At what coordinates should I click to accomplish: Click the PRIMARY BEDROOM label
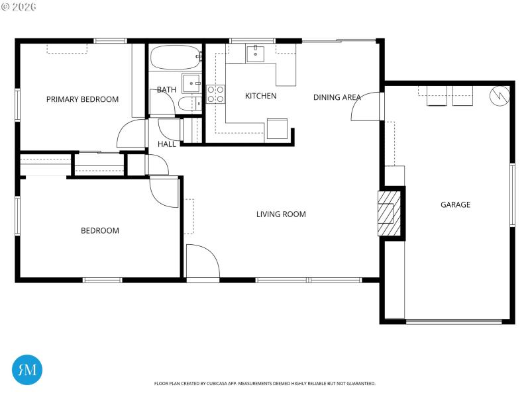coord(82,99)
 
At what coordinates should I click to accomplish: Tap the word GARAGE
coord(455,204)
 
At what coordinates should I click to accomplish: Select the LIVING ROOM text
coord(281,214)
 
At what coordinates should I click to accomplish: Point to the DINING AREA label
coord(337,97)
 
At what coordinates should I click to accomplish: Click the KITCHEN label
coord(260,96)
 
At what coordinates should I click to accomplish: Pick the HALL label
coord(167,144)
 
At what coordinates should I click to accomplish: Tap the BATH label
coord(167,90)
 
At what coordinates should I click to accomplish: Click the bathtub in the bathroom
coord(175,58)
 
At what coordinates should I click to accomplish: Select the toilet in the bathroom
coord(188,103)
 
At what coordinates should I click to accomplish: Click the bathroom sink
coord(191,83)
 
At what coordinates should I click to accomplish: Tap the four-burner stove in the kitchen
coord(216,94)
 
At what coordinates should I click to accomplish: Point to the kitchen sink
coord(256,53)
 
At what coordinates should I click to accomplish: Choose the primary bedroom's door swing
coord(132,134)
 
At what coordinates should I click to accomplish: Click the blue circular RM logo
coord(27,370)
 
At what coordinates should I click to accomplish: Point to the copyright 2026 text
coord(19,7)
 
